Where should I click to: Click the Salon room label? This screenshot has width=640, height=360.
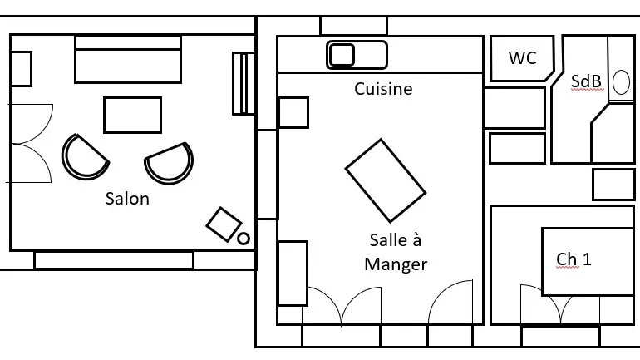point(127,199)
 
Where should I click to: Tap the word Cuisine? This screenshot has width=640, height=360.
point(383,89)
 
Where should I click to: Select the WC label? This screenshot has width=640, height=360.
point(523,58)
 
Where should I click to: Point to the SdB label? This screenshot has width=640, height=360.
point(586,81)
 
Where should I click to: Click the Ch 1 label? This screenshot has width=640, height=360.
point(574,259)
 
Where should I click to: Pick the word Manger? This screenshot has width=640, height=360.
point(396,264)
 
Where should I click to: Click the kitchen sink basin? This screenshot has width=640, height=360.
point(342,55)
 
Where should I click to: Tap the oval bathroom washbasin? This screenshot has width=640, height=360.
point(621,82)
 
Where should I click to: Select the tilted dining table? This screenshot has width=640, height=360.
point(386,180)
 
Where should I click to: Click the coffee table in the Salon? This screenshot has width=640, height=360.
point(133,115)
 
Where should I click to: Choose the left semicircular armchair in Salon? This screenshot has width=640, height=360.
point(85,157)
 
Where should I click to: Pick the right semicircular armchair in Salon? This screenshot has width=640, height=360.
point(170,162)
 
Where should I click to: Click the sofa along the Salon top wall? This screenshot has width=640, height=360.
point(128,59)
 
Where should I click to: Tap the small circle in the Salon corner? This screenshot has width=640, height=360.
point(244,239)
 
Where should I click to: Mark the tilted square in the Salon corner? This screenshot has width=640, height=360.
point(224,224)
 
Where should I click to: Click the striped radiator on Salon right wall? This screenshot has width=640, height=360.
point(244,83)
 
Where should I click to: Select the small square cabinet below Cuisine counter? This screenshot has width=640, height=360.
point(293,112)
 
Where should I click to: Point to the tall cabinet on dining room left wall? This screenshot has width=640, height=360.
point(293,273)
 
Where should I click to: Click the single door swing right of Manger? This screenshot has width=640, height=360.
point(450,302)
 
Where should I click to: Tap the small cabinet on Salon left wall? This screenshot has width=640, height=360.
point(21,69)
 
